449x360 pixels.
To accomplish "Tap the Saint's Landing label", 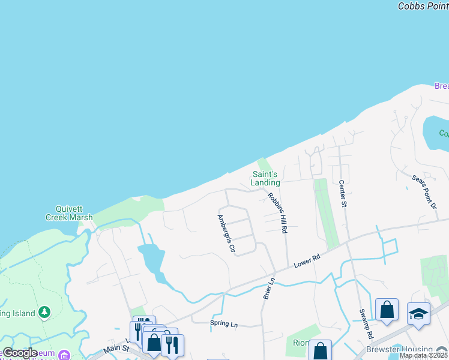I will click(265, 178).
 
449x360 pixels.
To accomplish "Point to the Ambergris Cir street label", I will click(226, 233).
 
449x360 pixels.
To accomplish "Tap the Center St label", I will click(343, 194).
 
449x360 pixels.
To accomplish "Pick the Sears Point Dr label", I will click(424, 192).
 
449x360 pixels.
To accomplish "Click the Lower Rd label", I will click(307, 262).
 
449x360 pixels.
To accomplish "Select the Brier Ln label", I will click(268, 289).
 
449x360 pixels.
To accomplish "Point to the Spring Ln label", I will click(224, 325).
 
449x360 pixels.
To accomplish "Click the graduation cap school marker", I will click(418, 313).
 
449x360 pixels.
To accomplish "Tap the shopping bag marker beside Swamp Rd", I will click(387, 310).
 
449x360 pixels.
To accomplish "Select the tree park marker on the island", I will click(44, 311).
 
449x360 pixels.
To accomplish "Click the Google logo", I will click(20, 353).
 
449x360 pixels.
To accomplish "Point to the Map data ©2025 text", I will click(423, 355).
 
